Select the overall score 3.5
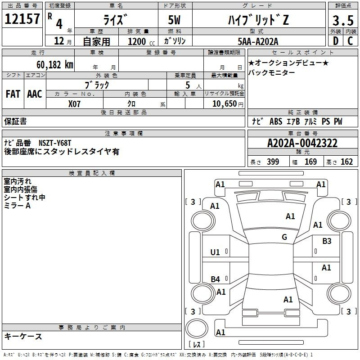tap(342, 21)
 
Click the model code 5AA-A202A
tap(258, 41)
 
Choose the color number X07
tap(75, 103)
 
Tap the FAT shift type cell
tap(13, 94)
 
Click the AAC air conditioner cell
tap(35, 94)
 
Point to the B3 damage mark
tap(327, 241)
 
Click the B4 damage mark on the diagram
tap(216, 279)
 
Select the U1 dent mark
tap(216, 252)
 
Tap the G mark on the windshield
tap(284, 237)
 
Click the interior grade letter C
tap(350, 41)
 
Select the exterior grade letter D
tap(335, 41)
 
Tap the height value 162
tap(346, 162)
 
